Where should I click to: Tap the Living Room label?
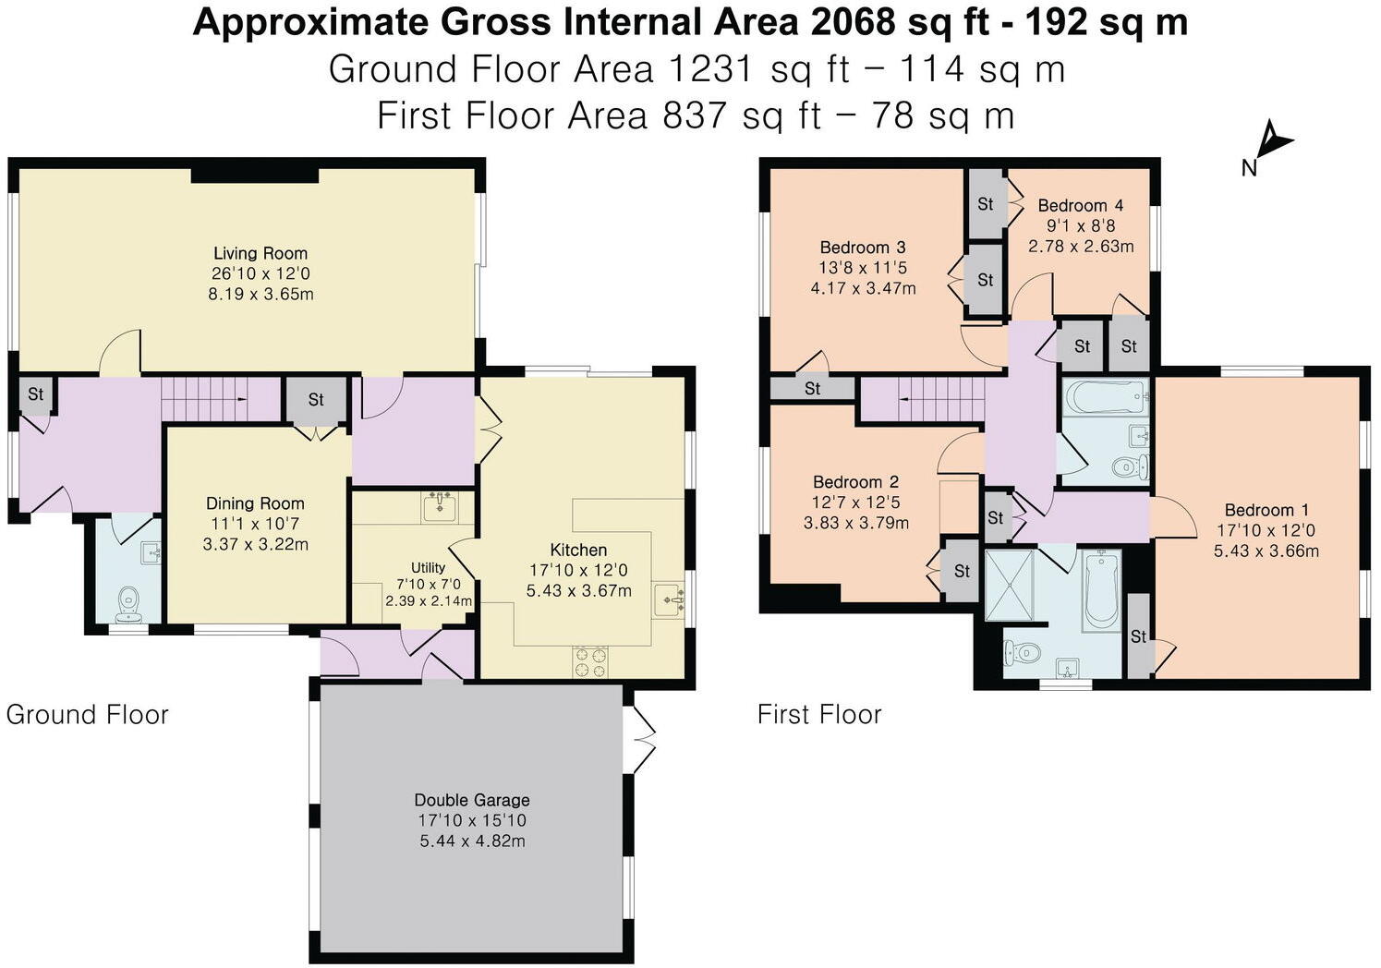(260, 253)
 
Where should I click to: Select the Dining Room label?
(255, 503)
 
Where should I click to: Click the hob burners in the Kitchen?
(590, 663)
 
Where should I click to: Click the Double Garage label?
(472, 800)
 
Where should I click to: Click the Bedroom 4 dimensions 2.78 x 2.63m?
(1081, 246)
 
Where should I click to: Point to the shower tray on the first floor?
(1009, 585)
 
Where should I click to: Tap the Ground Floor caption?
(87, 715)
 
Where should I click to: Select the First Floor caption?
(819, 715)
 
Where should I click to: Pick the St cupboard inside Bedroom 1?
(1139, 635)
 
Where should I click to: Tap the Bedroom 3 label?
(863, 248)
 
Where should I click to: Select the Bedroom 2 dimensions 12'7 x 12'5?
(855, 502)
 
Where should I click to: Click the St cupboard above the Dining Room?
(316, 400)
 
